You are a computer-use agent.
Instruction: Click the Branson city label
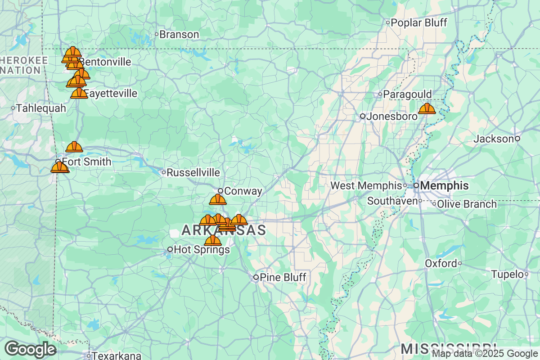[x=179, y=35]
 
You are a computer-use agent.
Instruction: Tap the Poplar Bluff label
[x=419, y=22]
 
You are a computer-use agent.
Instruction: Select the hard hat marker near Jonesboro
[x=427, y=108]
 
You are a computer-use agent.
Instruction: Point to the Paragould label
[x=407, y=94]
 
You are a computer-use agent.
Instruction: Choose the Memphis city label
[x=444, y=185]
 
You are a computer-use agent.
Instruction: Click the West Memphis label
[x=366, y=185]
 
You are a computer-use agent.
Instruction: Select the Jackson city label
[x=494, y=139]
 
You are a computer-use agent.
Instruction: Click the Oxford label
[x=441, y=263]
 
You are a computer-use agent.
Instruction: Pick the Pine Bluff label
[x=283, y=277]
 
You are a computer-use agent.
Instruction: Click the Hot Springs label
[x=201, y=249]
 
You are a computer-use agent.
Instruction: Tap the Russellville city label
[x=193, y=172]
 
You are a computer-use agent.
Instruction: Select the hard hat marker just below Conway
[x=218, y=199]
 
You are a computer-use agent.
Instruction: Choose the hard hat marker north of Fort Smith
[x=74, y=147]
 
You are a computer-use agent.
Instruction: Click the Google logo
[x=30, y=349]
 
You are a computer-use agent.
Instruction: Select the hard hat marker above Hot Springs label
[x=212, y=240]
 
